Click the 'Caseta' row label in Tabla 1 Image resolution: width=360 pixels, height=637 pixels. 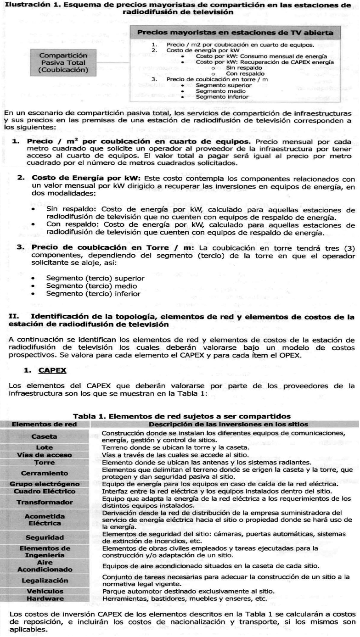click(x=44, y=437)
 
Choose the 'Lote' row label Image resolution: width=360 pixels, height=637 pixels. click(x=44, y=447)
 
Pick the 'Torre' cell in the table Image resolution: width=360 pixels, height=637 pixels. click(x=44, y=462)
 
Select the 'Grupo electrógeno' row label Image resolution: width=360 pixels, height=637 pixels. click(x=44, y=484)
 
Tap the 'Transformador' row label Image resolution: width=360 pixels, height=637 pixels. click(x=44, y=502)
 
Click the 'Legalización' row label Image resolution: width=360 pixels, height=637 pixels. click(x=44, y=581)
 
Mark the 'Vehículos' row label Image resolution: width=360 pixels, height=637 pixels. click(x=44, y=591)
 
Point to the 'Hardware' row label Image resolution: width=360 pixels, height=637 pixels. click(x=44, y=598)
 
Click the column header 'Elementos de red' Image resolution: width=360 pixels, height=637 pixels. click(x=44, y=424)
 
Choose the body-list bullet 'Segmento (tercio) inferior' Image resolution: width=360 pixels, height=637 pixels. click(x=93, y=294)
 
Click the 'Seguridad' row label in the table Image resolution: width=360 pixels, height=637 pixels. click(x=44, y=537)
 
